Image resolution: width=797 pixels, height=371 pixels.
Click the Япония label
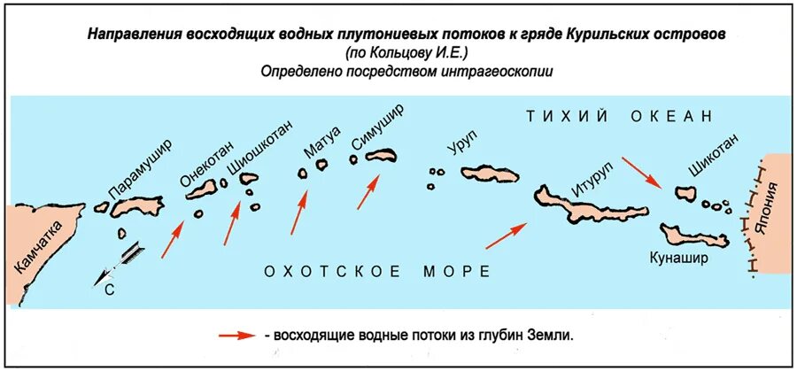coord(774,206)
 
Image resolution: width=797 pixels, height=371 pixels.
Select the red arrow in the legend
coord(237,337)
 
